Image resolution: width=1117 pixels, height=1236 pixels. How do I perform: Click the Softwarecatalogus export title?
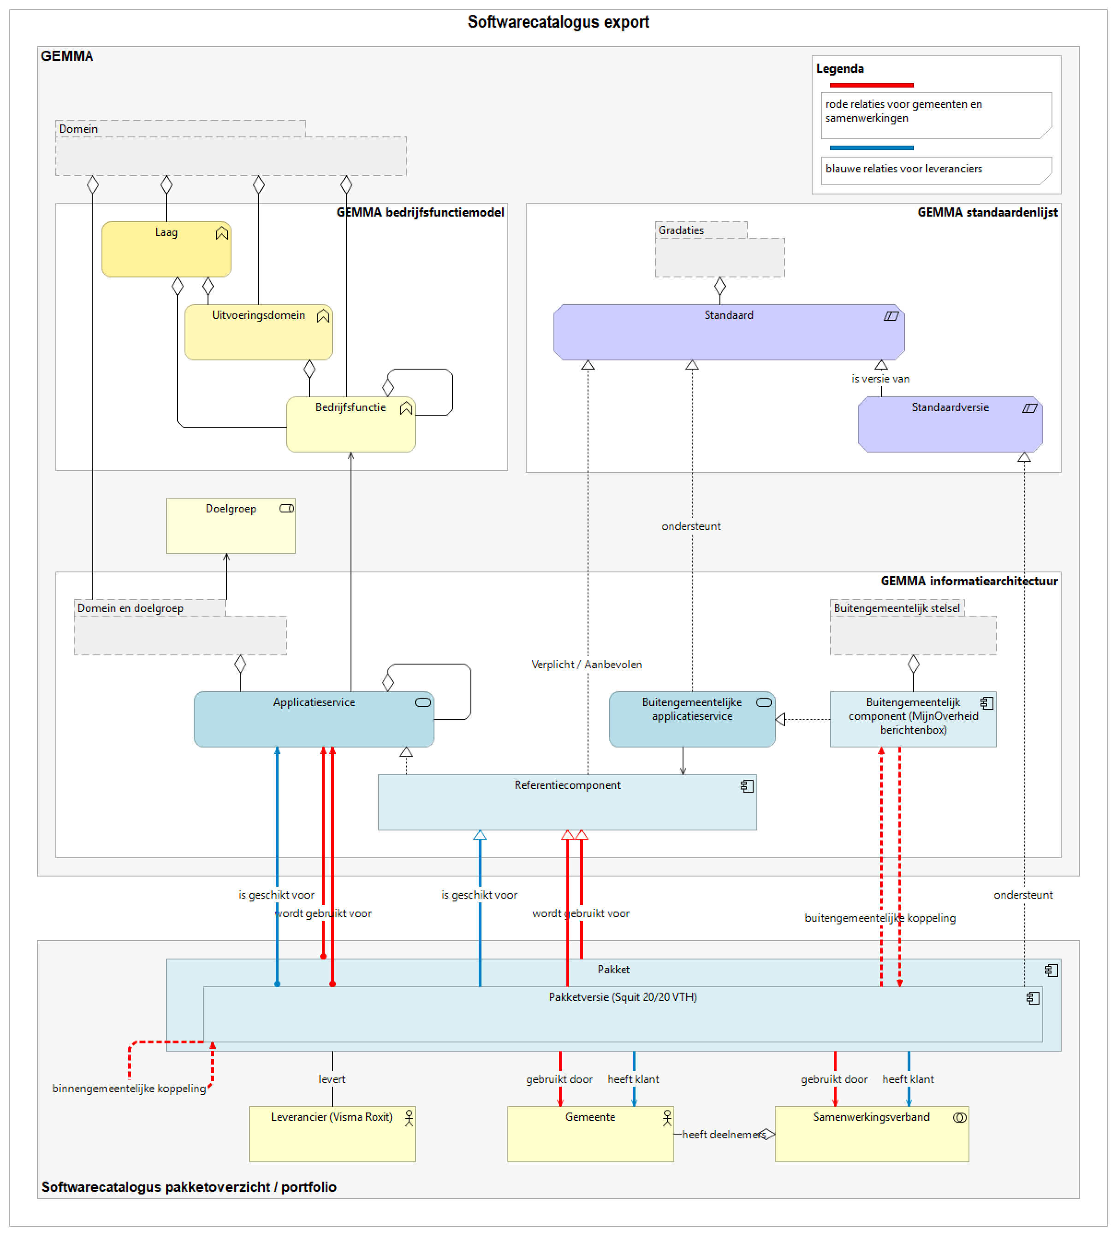558,22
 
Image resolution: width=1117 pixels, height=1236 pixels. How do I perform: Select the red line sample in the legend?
871,85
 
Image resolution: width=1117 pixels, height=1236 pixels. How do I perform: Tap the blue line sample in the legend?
871,148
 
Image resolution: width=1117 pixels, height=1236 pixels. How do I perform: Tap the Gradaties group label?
681,230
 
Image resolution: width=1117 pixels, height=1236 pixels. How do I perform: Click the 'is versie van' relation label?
880,379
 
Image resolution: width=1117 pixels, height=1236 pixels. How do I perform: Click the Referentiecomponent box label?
567,785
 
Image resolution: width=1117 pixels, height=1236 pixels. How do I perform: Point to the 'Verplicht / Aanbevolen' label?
587,664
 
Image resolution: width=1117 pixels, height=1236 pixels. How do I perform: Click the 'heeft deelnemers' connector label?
723,1134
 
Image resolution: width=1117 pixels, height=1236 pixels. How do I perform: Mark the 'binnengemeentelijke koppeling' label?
129,1088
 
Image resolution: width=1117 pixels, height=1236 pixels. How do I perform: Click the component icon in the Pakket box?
1051,970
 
